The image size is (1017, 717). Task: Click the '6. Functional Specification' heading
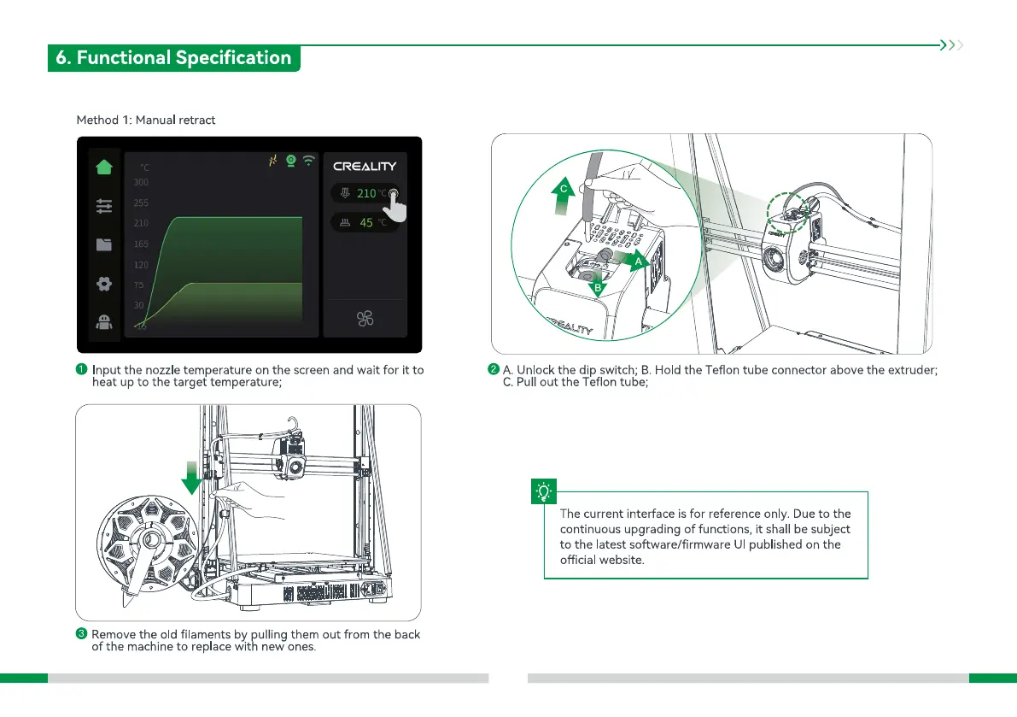coord(173,58)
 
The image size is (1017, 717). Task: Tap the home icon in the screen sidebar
coord(104,167)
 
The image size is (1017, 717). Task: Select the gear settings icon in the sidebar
coord(104,283)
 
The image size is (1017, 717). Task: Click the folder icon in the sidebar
coord(104,244)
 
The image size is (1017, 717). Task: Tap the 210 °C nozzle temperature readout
coord(365,194)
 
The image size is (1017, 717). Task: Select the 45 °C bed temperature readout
coord(365,223)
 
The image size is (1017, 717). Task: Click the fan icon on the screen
coord(365,320)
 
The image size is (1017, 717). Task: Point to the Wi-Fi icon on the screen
coord(308,161)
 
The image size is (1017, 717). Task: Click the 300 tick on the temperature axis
coord(141,182)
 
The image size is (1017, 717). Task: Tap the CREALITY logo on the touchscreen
coord(365,167)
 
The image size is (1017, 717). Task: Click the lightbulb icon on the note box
coord(543,491)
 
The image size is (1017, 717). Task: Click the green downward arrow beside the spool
coord(192,479)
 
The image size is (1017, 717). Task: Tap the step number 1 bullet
coord(81,370)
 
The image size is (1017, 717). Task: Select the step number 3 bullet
coord(81,634)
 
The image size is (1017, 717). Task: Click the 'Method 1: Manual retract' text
coord(146,120)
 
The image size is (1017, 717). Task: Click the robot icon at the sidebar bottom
coord(104,321)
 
